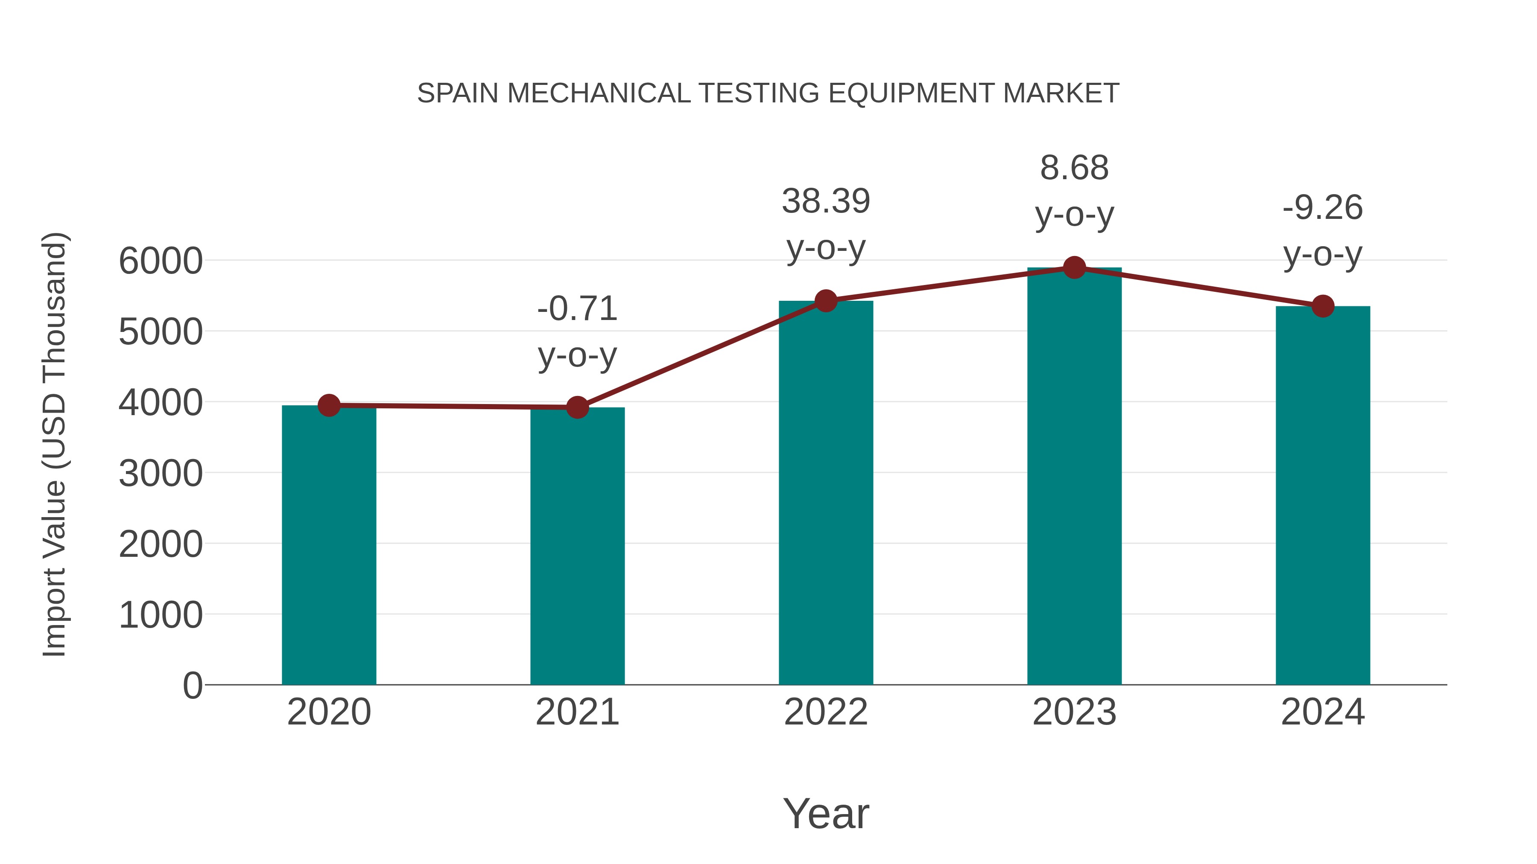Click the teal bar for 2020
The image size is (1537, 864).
pyautogui.click(x=329, y=546)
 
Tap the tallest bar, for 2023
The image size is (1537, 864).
pyautogui.click(x=1074, y=477)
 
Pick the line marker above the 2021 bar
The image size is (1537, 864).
pyautogui.click(x=577, y=407)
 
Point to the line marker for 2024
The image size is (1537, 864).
pyautogui.click(x=1323, y=306)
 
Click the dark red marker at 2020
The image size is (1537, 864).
pyautogui.click(x=329, y=405)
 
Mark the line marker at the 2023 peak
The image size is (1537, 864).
pyautogui.click(x=1074, y=268)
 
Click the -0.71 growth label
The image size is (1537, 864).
pyautogui.click(x=577, y=309)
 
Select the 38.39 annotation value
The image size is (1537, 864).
pyautogui.click(x=826, y=201)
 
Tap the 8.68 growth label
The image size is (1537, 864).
pyautogui.click(x=1074, y=168)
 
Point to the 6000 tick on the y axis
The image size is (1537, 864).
pyautogui.click(x=161, y=261)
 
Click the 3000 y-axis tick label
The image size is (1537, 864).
pyautogui.click(x=161, y=474)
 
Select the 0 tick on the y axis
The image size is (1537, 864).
pyautogui.click(x=192, y=686)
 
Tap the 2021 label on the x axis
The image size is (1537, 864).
pyautogui.click(x=577, y=712)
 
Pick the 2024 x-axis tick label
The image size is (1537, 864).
pyautogui.click(x=1323, y=712)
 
